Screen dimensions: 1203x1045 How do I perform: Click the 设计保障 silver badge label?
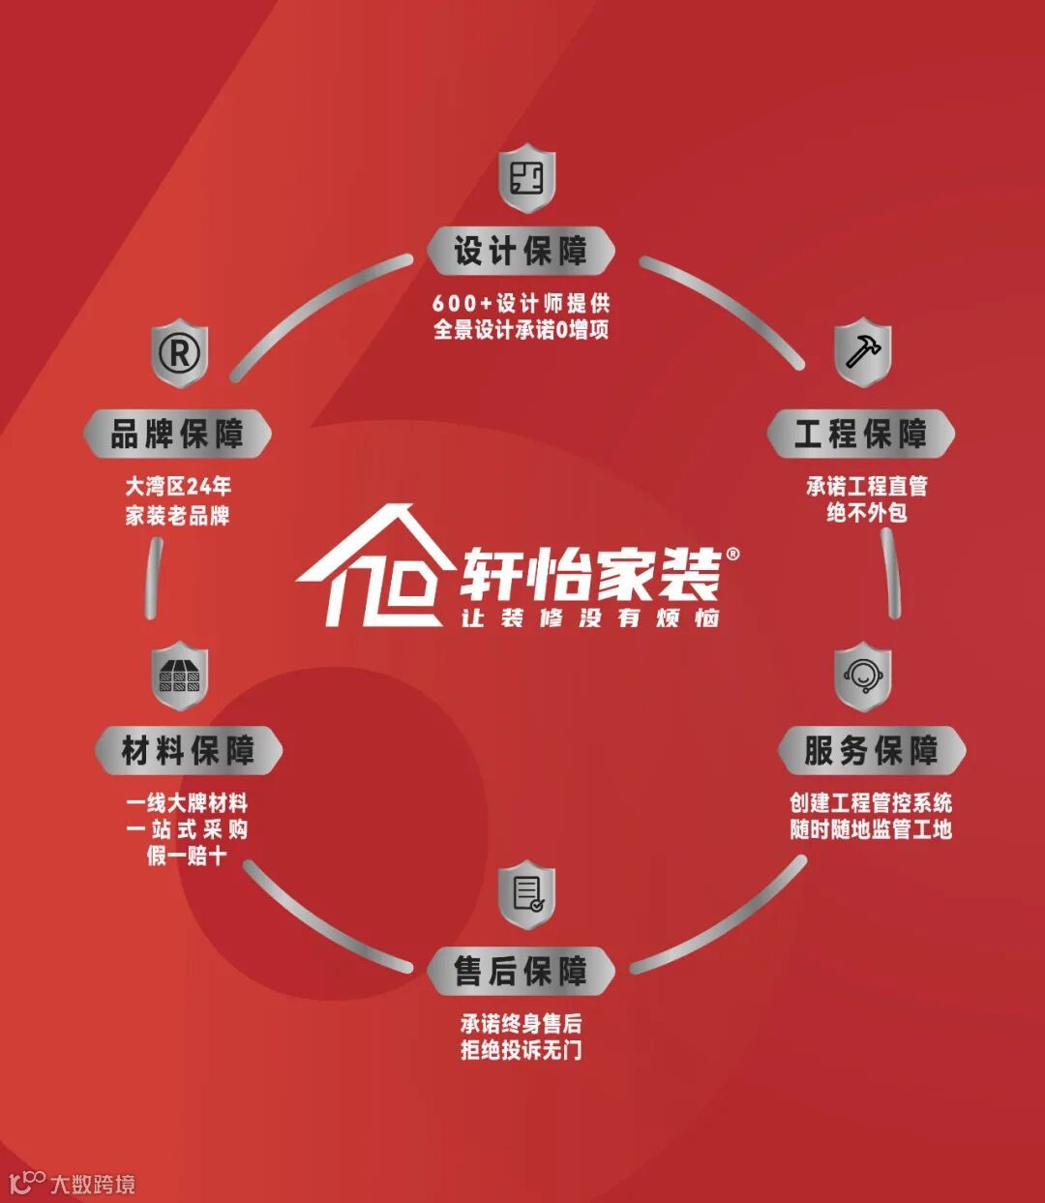521,252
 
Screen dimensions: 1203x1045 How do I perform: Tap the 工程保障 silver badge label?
860,434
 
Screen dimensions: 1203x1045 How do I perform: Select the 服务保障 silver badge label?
871,750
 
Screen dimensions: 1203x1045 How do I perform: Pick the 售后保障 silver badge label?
521,971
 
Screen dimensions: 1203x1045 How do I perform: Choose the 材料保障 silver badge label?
188,750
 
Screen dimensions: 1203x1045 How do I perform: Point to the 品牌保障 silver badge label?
176,434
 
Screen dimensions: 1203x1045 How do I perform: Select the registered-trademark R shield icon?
179,354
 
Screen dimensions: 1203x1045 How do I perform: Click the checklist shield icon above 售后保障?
526,893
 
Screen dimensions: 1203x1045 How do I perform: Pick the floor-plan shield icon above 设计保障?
526,178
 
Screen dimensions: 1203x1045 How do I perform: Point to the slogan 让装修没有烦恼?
590,617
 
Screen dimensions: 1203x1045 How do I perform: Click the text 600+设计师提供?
521,304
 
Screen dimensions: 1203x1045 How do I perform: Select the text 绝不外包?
866,513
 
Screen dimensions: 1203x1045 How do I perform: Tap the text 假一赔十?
187,856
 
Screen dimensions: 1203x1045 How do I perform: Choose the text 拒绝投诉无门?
521,1050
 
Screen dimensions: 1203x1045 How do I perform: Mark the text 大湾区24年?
178,486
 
